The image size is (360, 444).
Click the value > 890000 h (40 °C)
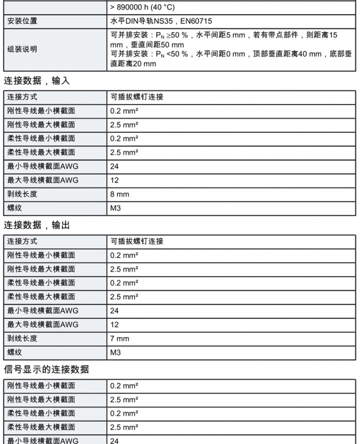pyautogui.click(x=142, y=7)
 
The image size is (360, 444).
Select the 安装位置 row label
pyautogui.click(x=22, y=21)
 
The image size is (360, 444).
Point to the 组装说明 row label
pyautogui.click(x=22, y=49)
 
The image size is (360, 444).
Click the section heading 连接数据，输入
pyautogui.click(x=37, y=81)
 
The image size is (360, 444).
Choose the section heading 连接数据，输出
pyautogui.click(x=37, y=225)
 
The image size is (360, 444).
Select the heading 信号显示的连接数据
pyautogui.click(x=47, y=369)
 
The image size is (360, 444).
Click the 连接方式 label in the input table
pyautogui.click(x=22, y=97)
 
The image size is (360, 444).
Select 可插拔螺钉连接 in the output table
pyautogui.click(x=137, y=241)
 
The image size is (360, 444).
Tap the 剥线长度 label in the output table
pyautogui.click(x=22, y=339)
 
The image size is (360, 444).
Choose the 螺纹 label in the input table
pyautogui.click(x=15, y=208)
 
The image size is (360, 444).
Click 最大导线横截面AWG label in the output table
pyautogui.click(x=43, y=325)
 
